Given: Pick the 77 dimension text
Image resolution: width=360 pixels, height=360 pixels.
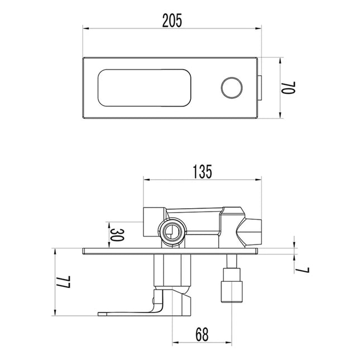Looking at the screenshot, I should (x=65, y=281).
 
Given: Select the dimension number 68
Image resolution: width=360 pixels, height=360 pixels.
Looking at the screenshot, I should (x=203, y=334).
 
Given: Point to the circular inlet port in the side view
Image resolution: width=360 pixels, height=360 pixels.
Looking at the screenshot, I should (x=172, y=230).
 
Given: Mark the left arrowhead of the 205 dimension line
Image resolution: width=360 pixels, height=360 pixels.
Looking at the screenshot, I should (x=85, y=26).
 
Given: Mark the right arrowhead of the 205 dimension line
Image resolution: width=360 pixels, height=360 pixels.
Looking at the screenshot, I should (x=258, y=26).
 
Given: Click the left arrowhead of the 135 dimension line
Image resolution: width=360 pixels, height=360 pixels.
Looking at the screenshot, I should (x=146, y=180).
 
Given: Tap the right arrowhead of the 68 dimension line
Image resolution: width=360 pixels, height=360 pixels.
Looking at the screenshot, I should (x=230, y=342).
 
